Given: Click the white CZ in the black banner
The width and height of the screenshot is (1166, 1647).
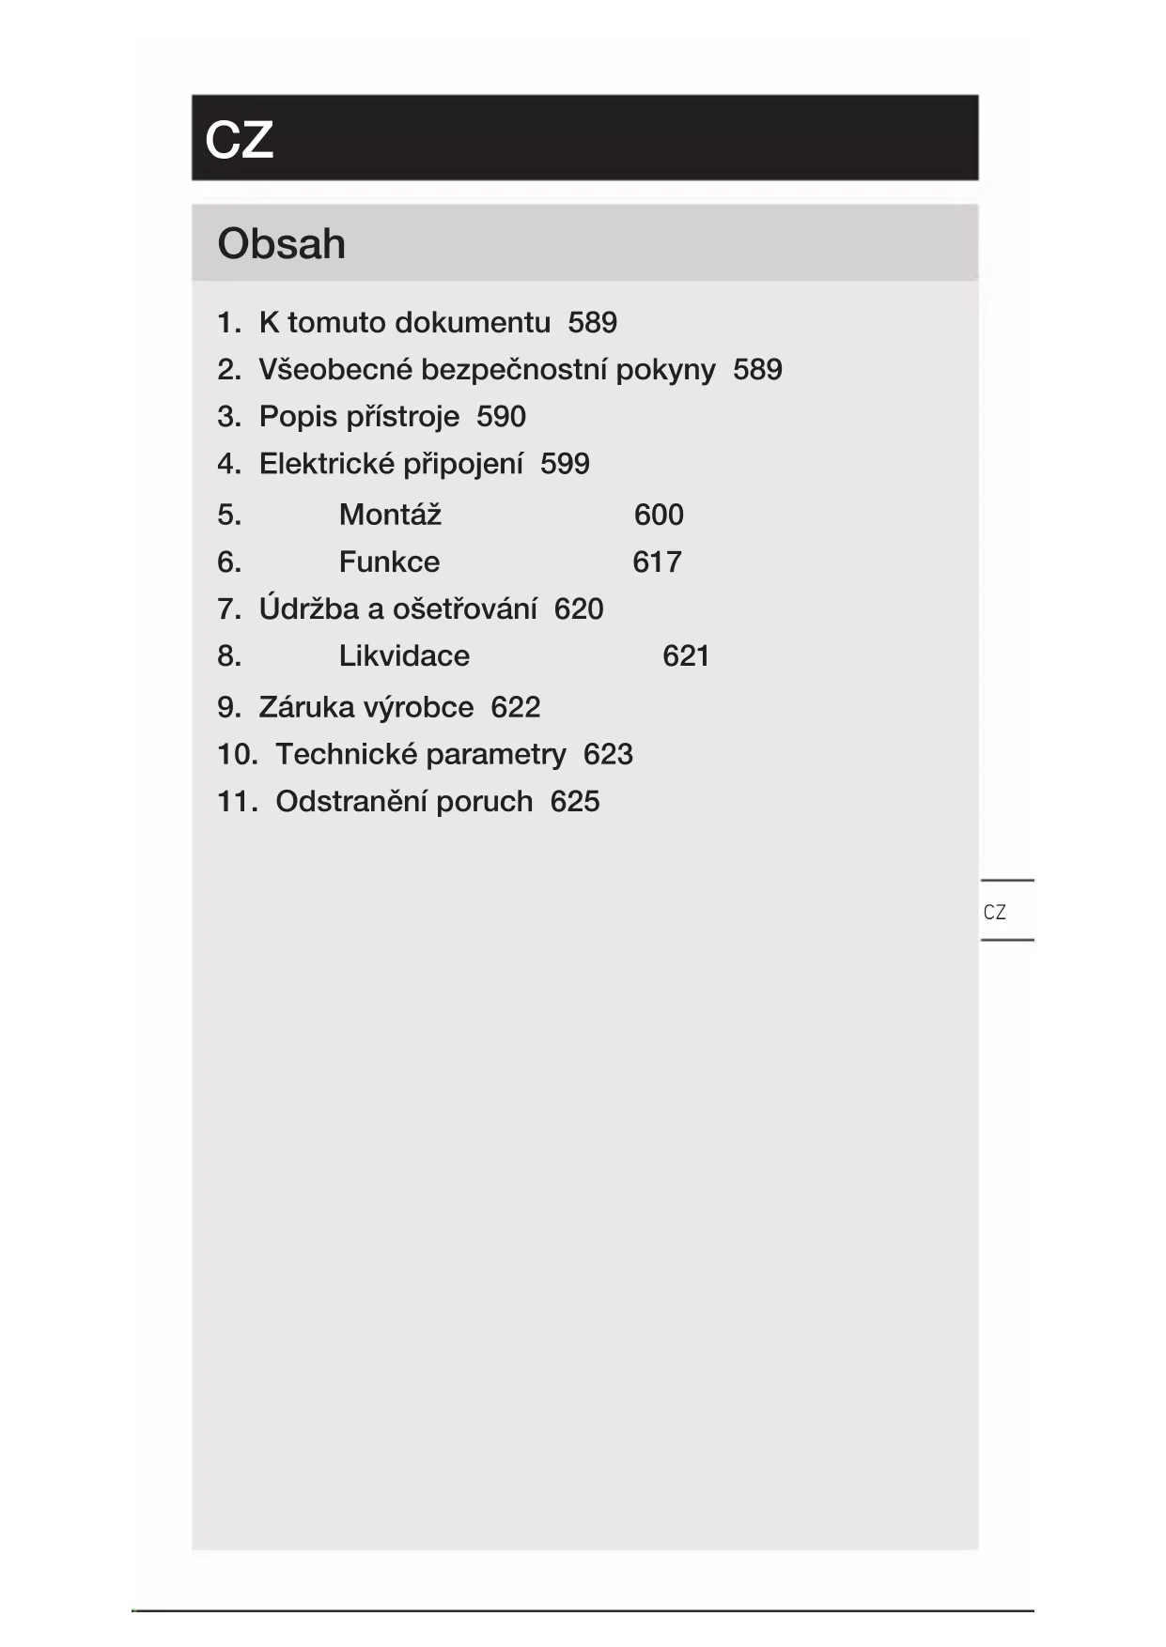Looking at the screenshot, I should pyautogui.click(x=239, y=140).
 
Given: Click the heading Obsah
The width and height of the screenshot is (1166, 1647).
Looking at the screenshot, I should pyautogui.click(x=281, y=244).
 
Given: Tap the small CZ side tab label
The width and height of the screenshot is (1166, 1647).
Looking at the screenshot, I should pyautogui.click(x=994, y=912).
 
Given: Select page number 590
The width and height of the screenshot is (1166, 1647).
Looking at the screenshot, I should pyautogui.click(x=501, y=417).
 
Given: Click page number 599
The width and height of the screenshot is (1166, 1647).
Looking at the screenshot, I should pyautogui.click(x=565, y=464).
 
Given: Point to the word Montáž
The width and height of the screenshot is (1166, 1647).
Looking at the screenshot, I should pyautogui.click(x=390, y=515).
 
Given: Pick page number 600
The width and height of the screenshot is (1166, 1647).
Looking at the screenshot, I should pyautogui.click(x=659, y=515).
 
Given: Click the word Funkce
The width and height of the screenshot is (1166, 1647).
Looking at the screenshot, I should pyautogui.click(x=389, y=562).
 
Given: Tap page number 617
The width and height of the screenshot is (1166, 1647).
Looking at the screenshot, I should pyautogui.click(x=657, y=562).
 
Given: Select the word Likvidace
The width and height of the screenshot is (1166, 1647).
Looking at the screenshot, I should pyautogui.click(x=404, y=655).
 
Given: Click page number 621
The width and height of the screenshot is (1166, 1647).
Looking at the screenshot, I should pyautogui.click(x=686, y=655).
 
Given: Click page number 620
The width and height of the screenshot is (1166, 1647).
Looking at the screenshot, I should pyautogui.click(x=579, y=608).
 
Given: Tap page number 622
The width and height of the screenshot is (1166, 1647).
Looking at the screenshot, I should pyautogui.click(x=516, y=707).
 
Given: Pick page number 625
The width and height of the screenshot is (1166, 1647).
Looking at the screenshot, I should pyautogui.click(x=575, y=801).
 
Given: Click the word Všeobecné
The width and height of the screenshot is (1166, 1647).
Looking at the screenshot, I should pyautogui.click(x=335, y=370).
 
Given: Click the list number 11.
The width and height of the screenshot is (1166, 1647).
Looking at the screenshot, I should pyautogui.click(x=237, y=801).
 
